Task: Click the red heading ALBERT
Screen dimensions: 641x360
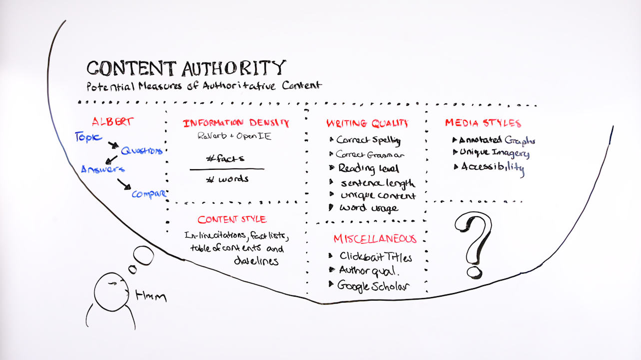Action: pos(112,122)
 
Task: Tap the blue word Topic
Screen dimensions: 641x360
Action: pos(88,137)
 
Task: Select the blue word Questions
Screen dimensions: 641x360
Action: pos(142,151)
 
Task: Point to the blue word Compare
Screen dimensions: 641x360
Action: pos(149,194)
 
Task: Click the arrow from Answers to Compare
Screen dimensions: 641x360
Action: pos(124,184)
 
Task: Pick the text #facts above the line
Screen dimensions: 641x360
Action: pos(225,158)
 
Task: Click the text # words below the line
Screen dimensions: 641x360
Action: pos(227,179)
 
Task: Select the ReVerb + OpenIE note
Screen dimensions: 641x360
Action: pos(234,136)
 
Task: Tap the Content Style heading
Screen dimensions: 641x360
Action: pos(232,220)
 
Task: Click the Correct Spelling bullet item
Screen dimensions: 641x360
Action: pos(365,140)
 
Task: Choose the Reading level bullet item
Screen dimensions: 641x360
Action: pos(364,168)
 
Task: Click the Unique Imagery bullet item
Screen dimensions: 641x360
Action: pos(491,153)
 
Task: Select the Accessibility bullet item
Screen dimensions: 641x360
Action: pos(489,168)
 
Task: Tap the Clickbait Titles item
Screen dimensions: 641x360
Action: pos(370,257)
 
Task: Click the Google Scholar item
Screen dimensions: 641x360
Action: pos(369,286)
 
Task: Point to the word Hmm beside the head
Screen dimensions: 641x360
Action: pos(151,296)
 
